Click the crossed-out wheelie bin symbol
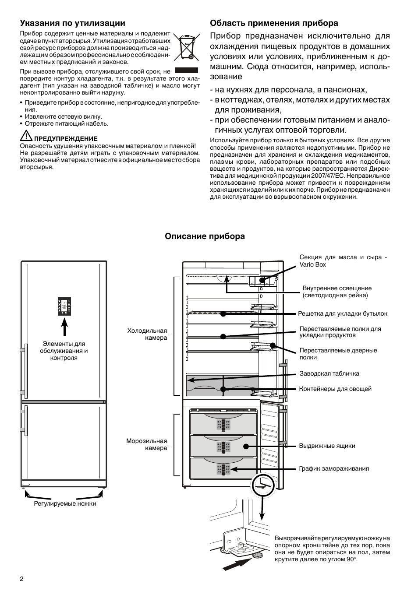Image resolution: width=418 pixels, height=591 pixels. click(x=187, y=47)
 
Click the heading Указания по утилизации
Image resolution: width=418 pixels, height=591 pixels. click(x=72, y=23)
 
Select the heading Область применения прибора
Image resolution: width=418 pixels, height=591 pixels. click(x=274, y=23)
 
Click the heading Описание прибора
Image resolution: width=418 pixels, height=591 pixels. click(x=205, y=236)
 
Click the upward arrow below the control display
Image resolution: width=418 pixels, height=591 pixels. click(x=64, y=327)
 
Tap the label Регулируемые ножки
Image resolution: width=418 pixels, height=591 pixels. click(x=65, y=503)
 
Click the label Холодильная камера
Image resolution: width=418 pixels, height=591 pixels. click(x=147, y=334)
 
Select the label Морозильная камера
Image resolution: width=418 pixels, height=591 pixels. click(x=147, y=444)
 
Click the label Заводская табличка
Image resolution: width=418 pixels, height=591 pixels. click(x=329, y=373)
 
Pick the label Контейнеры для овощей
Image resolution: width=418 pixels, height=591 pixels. click(x=335, y=389)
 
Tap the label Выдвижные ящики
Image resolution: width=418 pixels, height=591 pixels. click(x=327, y=446)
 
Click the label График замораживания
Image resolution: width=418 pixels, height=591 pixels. click(x=334, y=468)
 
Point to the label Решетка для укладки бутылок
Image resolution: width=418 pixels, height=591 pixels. click(x=343, y=313)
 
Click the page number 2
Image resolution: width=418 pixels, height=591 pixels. click(x=21, y=578)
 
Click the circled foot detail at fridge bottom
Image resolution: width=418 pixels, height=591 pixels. click(x=262, y=485)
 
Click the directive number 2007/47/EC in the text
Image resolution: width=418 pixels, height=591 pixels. click(x=325, y=176)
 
